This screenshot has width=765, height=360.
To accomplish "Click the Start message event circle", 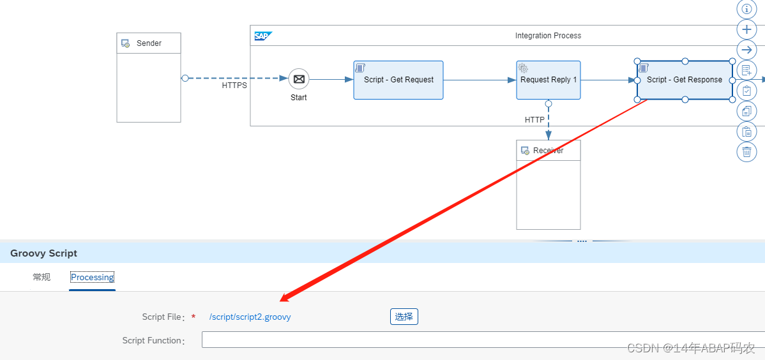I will [298, 79].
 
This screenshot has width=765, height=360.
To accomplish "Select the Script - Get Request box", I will [398, 80].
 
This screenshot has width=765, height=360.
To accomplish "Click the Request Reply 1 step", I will [548, 80].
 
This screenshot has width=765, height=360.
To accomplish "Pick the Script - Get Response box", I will [685, 80].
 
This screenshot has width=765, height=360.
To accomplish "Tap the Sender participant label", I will [149, 43].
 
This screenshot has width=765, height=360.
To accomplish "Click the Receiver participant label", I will [548, 151].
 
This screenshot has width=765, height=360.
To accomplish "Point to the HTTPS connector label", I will [234, 86].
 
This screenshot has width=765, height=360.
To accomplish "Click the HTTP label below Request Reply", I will [534, 120].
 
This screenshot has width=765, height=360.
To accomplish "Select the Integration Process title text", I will [548, 36].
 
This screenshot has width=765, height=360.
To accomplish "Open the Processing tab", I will [93, 278].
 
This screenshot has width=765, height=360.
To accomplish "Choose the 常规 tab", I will [42, 278].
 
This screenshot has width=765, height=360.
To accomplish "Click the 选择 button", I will [404, 317].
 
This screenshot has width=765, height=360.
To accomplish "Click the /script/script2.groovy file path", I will [250, 317].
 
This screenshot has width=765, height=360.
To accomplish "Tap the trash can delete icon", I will [746, 152].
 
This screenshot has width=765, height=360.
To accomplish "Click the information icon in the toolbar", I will [746, 9].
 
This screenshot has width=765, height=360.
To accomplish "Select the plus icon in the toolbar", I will [746, 29].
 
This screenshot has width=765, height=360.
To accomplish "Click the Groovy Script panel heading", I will [43, 253].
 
